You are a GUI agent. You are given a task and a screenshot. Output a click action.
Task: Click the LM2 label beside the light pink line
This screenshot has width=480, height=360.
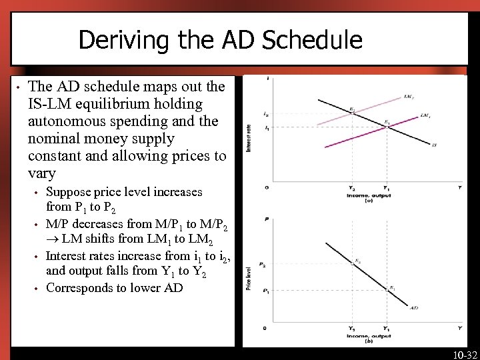[409, 97]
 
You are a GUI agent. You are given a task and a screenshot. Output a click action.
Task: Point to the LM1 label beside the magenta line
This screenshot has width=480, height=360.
[425, 115]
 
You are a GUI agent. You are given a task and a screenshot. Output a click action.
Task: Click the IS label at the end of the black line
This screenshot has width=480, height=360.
[435, 145]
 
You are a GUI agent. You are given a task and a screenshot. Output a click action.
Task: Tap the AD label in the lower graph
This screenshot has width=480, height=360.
[414, 308]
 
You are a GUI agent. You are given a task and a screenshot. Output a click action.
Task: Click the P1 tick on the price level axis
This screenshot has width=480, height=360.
[263, 290]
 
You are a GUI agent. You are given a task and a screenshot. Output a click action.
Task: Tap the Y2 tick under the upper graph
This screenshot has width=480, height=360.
[352, 188]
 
